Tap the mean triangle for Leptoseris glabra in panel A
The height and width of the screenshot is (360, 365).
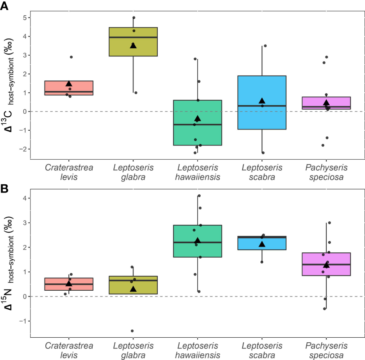(133, 45)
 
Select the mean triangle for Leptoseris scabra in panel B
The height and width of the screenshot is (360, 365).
(262, 244)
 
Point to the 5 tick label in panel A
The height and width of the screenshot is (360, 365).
(24, 18)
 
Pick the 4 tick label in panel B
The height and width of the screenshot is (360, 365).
(24, 198)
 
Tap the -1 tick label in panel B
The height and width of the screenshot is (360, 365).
(23, 321)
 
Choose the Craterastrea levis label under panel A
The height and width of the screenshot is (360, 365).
(69, 172)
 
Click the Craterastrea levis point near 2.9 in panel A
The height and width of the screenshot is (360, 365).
(71, 57)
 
